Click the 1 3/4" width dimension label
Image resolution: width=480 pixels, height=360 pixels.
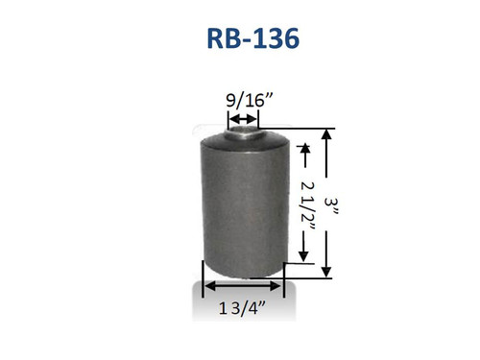click(242, 307)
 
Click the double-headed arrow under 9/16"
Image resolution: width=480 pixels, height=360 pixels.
click(243, 119)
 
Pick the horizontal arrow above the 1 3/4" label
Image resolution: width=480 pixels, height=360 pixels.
click(243, 286)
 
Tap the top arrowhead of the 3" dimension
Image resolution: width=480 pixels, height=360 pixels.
click(328, 135)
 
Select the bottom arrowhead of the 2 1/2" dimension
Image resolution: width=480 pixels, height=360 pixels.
click(304, 256)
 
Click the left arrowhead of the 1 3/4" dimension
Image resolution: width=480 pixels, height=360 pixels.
click(206, 286)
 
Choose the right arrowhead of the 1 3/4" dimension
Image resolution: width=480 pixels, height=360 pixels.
click(279, 286)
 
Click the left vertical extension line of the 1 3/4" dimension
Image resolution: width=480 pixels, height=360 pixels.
click(202, 278)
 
